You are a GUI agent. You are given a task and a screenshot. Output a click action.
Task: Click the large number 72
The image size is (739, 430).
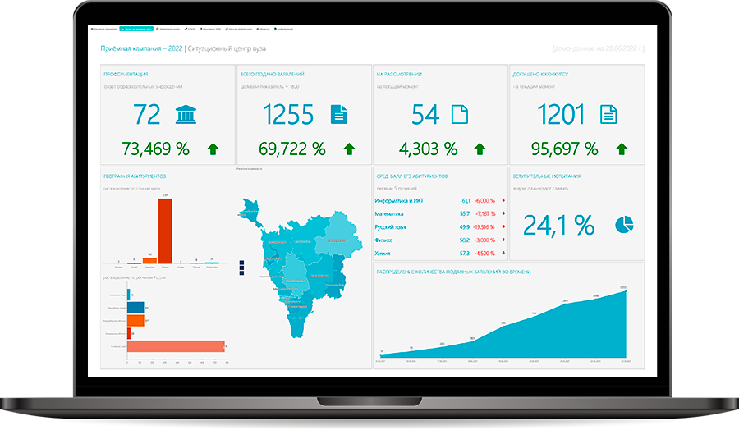click(147, 115)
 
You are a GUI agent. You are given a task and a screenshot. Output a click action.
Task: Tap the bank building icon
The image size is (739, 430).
click(186, 114)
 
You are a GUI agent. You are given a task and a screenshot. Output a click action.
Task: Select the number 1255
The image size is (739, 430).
click(288, 115)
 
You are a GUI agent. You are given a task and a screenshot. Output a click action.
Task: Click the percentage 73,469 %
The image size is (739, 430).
click(155, 149)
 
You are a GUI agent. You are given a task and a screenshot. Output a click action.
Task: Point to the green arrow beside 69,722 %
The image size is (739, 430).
click(348, 149)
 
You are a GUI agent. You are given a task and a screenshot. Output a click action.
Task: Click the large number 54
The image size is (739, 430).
click(425, 115)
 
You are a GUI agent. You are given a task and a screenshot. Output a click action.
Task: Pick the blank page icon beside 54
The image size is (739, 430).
click(459, 114)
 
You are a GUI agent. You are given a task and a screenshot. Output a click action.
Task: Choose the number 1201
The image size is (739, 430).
click(561, 115)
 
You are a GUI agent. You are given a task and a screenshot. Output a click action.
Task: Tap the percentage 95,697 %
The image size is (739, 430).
click(564, 149)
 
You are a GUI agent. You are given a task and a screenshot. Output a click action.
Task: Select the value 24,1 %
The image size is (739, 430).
click(558, 224)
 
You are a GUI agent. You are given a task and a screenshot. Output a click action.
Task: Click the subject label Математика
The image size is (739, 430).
click(390, 213)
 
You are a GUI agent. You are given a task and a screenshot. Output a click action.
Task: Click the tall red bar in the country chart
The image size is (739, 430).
click(165, 229)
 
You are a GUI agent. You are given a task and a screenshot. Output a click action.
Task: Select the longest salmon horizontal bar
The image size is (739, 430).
click(176, 346)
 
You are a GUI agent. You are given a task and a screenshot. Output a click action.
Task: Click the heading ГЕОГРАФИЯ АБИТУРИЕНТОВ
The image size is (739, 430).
click(135, 176)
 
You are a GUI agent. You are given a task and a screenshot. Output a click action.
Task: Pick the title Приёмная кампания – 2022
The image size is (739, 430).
click(141, 48)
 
